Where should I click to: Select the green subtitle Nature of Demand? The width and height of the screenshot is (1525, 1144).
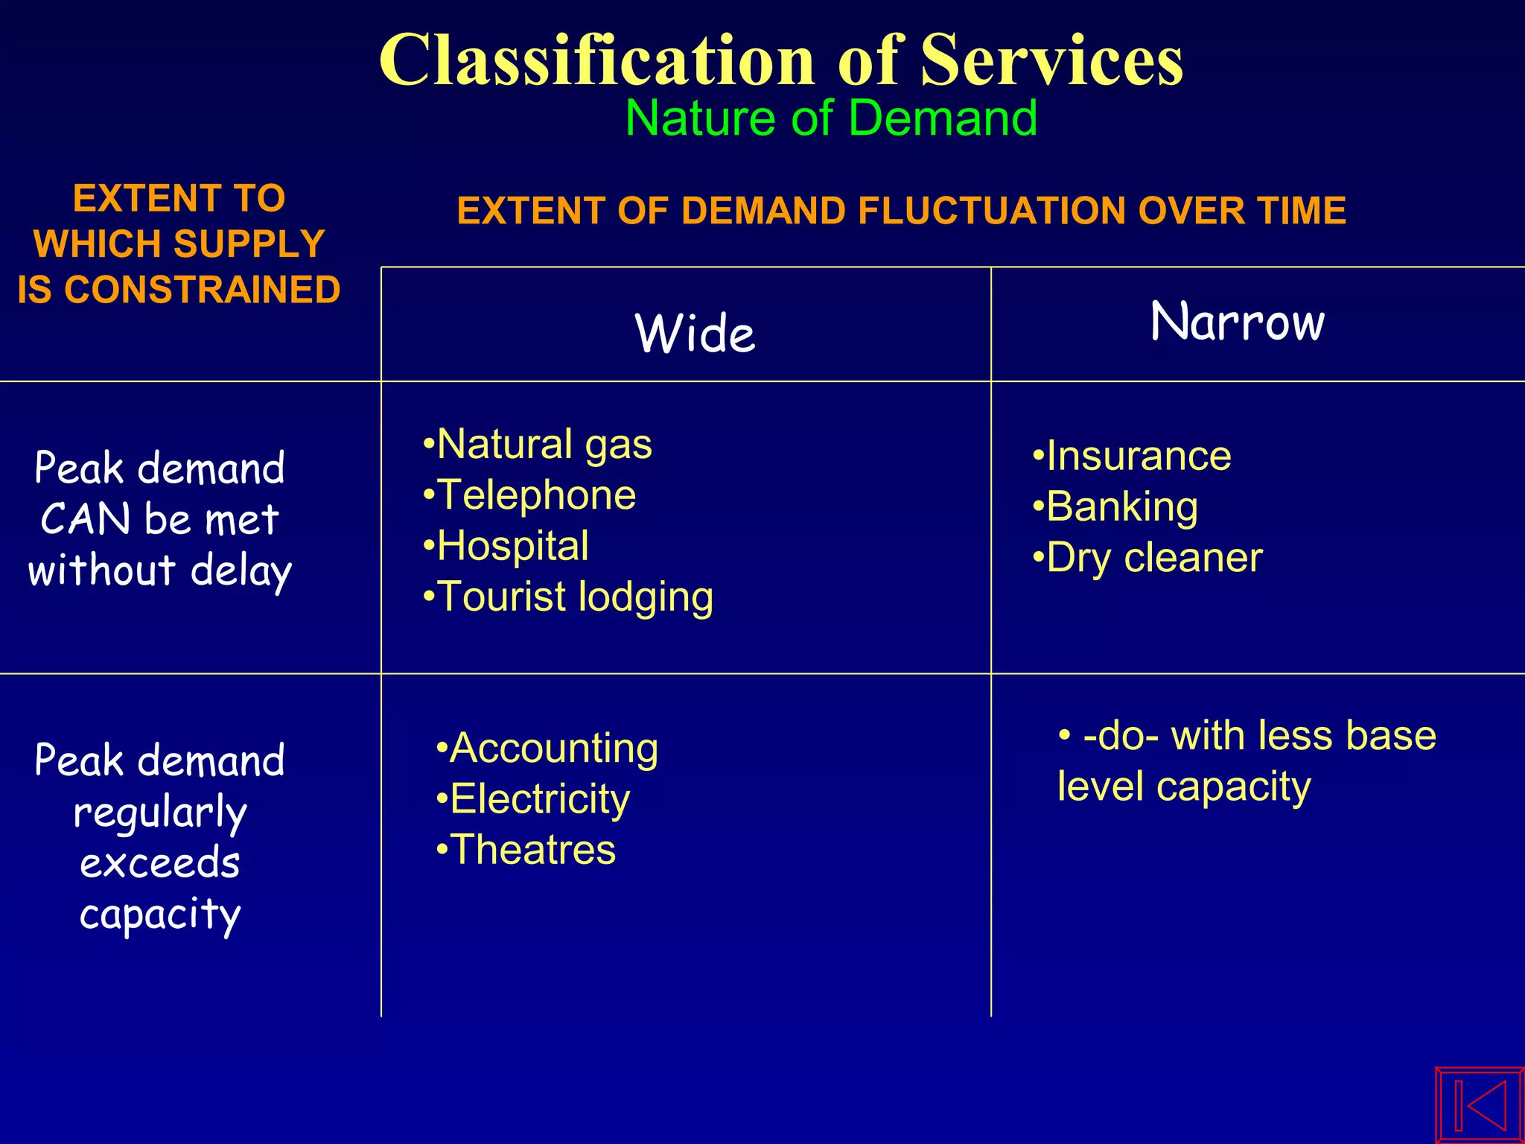click(831, 118)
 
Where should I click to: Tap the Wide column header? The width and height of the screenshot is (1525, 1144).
click(695, 333)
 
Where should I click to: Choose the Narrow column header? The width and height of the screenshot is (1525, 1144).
click(1237, 322)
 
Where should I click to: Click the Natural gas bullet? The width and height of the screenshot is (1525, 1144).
click(538, 445)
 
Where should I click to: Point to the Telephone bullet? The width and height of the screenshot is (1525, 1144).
click(530, 495)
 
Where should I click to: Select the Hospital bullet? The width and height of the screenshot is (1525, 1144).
click(506, 546)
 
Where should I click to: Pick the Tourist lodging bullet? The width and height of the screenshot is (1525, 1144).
click(568, 597)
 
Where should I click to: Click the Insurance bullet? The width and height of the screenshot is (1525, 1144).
click(1132, 456)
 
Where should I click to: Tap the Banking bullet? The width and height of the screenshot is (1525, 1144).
click(1115, 507)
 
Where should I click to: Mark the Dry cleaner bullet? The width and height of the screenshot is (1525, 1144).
click(1147, 558)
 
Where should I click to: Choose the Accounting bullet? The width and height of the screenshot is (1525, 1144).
click(547, 748)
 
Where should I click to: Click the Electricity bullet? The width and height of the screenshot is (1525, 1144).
click(533, 799)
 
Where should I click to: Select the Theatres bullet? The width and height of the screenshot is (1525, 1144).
click(526, 850)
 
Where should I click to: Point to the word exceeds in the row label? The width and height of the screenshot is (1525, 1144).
click(160, 864)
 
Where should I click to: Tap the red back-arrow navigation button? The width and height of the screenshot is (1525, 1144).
click(1479, 1105)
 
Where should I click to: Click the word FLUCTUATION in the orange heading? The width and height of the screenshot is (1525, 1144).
click(1048, 211)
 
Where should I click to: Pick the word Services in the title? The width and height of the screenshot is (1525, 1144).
click(1051, 61)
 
